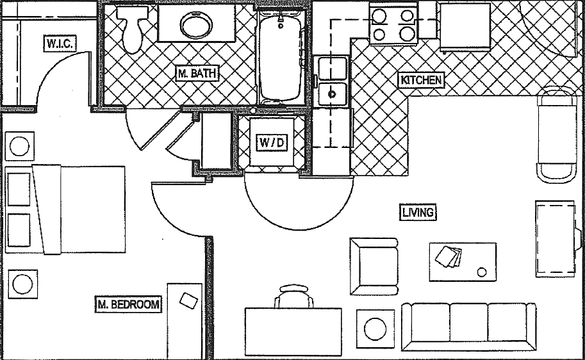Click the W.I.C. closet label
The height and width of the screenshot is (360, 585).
(61, 44)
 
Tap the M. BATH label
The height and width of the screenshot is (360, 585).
(197, 74)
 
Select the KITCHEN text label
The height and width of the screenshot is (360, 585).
(420, 80)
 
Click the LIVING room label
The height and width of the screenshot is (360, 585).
(418, 213)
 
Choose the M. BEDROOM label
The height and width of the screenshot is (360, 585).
(128, 304)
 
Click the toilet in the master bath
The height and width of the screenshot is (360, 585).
(133, 29)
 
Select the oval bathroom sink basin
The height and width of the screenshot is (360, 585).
(196, 26)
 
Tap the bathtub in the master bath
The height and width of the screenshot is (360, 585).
(281, 56)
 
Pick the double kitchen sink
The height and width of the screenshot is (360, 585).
(333, 81)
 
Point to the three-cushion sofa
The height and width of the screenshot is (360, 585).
(468, 327)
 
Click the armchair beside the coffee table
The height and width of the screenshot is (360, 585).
(374, 266)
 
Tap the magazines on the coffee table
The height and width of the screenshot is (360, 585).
(448, 256)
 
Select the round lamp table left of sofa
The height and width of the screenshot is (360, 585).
(375, 329)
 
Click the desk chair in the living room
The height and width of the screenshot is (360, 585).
(295, 297)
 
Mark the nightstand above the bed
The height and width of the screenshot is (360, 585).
(19, 146)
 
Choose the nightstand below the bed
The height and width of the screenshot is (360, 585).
(23, 284)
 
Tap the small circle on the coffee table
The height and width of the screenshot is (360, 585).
(482, 272)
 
